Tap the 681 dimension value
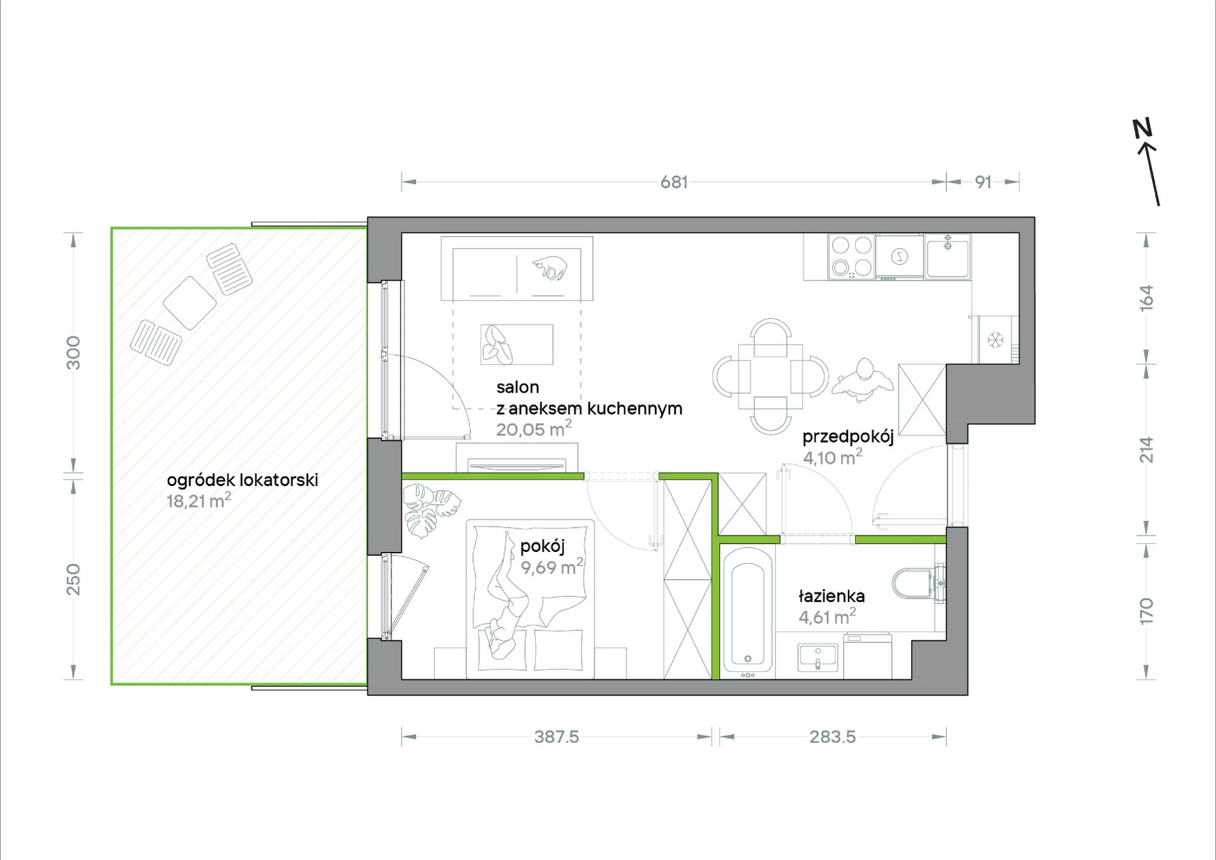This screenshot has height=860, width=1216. point(674,183)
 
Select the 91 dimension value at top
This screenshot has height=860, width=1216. point(983,183)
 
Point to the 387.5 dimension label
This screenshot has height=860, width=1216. point(556,737)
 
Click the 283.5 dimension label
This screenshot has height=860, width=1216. point(832,737)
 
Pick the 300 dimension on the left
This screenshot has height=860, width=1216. point(74,352)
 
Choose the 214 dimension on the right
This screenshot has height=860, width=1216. point(1146,450)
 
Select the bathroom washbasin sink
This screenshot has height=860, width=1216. point(818,658)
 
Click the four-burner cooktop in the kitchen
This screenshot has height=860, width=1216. point(851,256)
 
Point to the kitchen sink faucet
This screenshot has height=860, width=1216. point(948,243)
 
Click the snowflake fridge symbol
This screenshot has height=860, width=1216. point(995,340)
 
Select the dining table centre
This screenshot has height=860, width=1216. point(771,376)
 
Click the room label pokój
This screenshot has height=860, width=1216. point(542,546)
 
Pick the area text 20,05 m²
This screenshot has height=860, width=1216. point(534,428)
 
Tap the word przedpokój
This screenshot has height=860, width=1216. point(848,437)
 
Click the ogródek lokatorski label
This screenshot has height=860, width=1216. point(243,480)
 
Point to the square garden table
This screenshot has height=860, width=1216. point(189,303)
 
